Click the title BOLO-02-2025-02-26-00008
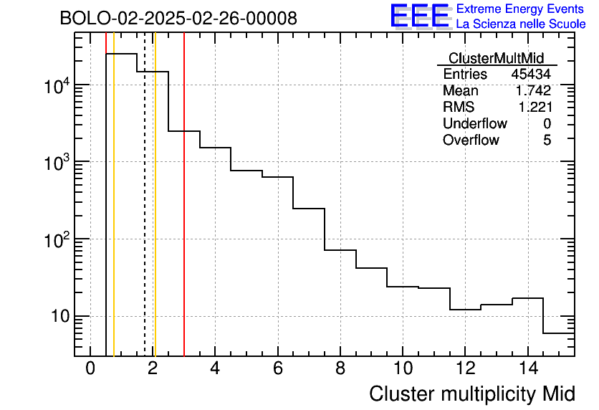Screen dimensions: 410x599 coord(178,19)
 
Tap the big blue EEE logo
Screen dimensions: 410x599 coord(420,16)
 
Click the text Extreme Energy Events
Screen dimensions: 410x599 coord(521,9)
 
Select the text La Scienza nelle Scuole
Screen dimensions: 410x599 coord(521,24)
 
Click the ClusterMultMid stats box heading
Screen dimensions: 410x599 coord(496,58)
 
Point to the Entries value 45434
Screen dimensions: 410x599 coord(531,75)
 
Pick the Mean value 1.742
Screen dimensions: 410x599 coord(533,91)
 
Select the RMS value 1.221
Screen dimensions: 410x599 coord(533,108)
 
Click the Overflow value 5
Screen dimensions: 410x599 coord(547,140)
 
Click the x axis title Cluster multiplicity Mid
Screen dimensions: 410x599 coord(472,394)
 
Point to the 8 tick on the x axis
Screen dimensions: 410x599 coord(340,368)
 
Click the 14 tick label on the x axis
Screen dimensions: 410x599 coord(527,368)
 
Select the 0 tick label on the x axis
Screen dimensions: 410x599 coord(90,368)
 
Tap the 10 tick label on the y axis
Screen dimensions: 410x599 coord(57,316)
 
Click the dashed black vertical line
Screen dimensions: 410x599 coord(145,215)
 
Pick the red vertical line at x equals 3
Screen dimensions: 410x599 coord(184,215)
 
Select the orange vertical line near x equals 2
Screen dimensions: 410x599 coord(155,215)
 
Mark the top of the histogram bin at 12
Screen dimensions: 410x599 coord(465,310)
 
